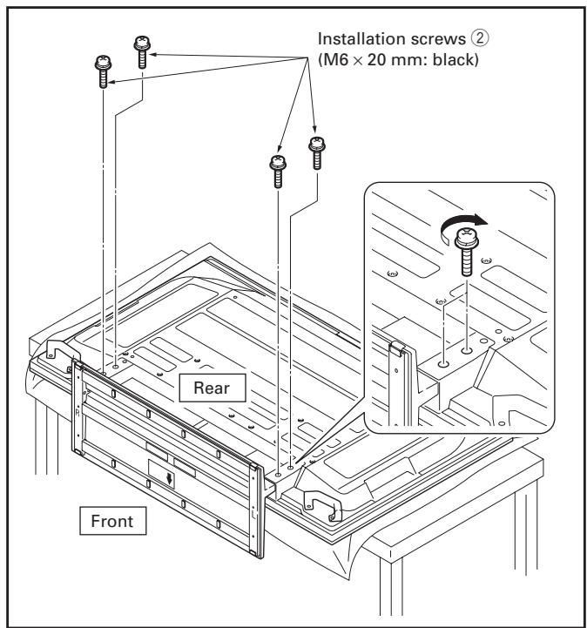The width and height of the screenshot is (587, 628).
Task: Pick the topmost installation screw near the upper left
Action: [142, 51]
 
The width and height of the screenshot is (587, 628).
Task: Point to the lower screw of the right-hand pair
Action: [278, 171]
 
